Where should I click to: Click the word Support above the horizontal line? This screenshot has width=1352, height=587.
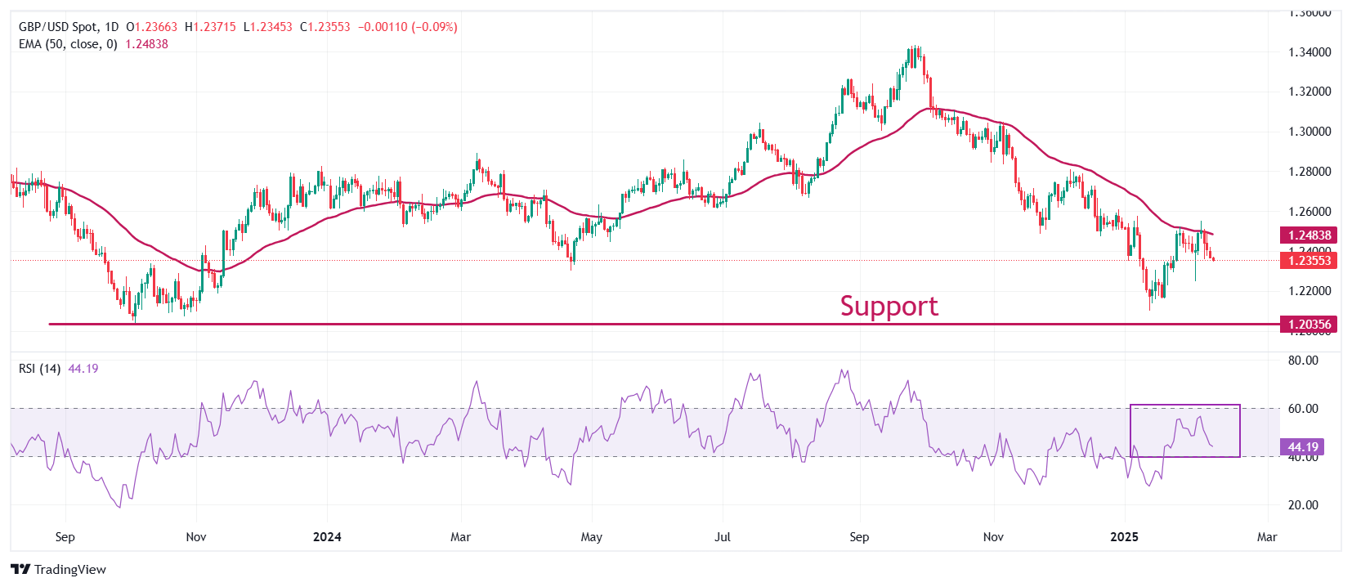889,306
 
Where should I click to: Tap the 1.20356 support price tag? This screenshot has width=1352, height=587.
1309,325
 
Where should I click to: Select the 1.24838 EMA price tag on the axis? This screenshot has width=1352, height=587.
1309,235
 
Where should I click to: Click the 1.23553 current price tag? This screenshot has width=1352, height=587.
1309,261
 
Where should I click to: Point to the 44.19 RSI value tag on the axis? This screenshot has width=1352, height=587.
1303,447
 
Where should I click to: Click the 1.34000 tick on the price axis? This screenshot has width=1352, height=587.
1309,52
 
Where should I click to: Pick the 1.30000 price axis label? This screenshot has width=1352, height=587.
1309,132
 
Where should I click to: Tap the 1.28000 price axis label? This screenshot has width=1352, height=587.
1309,172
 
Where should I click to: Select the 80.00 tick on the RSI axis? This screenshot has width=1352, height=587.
1303,361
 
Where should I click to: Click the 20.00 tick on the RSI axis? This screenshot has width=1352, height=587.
1303,505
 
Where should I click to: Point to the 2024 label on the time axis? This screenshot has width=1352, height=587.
327,537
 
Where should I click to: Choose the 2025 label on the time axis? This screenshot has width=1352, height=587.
1125,537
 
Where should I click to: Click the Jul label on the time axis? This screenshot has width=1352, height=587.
723,537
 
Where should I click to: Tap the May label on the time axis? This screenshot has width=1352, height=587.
591,537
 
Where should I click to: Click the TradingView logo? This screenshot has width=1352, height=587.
59,570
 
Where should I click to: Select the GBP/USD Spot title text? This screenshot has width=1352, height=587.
58,27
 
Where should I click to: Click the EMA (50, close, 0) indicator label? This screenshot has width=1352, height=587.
68,44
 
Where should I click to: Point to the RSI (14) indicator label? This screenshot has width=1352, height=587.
39,369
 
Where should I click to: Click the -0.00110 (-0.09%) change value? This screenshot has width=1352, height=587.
406,27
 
